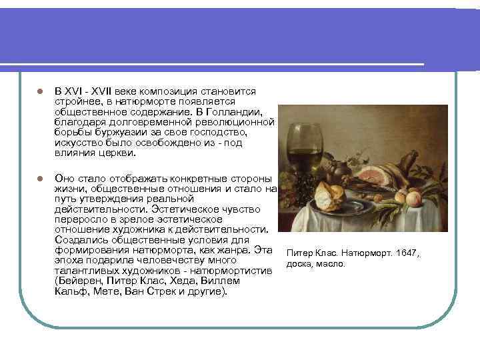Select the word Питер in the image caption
298,253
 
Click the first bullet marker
39,91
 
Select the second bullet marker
39,179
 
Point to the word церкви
116,153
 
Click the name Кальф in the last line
69,292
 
